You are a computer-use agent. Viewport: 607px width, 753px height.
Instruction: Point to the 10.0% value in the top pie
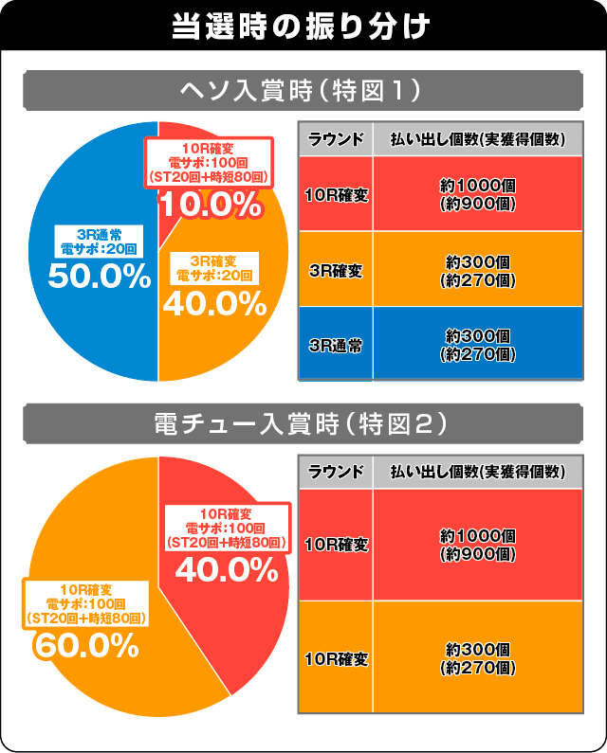pos(209,203)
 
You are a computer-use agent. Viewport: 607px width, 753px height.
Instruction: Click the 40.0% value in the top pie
pos(214,302)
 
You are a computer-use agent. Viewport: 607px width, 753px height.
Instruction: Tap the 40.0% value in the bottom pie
pos(226,568)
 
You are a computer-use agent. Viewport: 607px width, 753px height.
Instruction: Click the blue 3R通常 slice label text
pos(99,241)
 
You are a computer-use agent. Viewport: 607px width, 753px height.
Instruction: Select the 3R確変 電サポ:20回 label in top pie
pos(214,267)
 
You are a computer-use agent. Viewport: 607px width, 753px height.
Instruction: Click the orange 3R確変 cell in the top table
pos(336,270)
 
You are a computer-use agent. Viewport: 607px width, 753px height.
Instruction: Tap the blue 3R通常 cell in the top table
pos(336,344)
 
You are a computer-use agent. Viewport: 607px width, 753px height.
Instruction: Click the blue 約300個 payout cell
pos(478,344)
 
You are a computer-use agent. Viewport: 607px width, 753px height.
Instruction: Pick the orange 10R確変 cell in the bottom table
pos(336,656)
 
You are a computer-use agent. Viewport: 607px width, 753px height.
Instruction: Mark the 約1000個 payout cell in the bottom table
pos(478,545)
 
